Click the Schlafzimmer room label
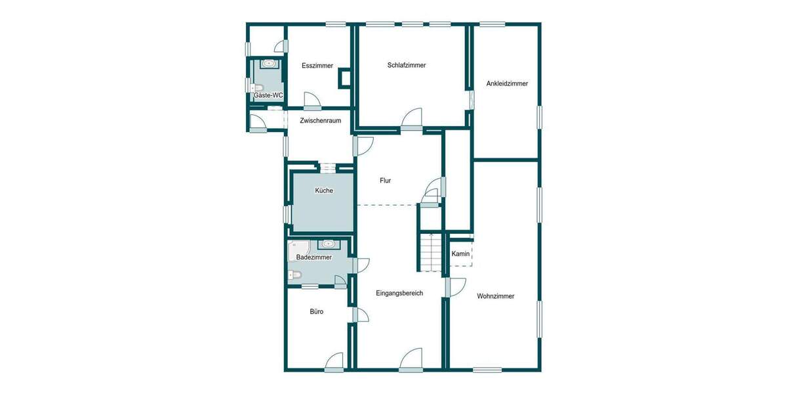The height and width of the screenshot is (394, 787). [407, 65]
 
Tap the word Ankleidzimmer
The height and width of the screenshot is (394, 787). [507, 83]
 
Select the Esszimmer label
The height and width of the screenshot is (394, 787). [317, 66]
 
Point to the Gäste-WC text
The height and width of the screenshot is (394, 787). [268, 95]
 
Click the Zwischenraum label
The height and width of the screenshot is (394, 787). [320, 120]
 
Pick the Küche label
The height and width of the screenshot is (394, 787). [324, 190]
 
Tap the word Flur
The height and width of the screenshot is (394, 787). [386, 180]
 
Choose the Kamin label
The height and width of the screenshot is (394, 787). [460, 253]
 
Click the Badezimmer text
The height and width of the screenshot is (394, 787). [314, 257]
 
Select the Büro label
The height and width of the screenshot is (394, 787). [317, 311]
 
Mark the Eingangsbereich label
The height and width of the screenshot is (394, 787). [399, 293]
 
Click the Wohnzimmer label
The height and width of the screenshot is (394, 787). [496, 296]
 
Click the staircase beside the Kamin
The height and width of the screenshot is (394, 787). [431, 253]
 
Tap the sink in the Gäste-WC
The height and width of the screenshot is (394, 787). [269, 64]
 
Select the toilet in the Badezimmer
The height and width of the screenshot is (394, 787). [294, 274]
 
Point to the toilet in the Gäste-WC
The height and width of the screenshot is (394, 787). [258, 87]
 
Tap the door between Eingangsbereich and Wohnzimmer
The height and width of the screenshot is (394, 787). [455, 287]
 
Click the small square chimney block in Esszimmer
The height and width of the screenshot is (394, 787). [344, 79]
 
